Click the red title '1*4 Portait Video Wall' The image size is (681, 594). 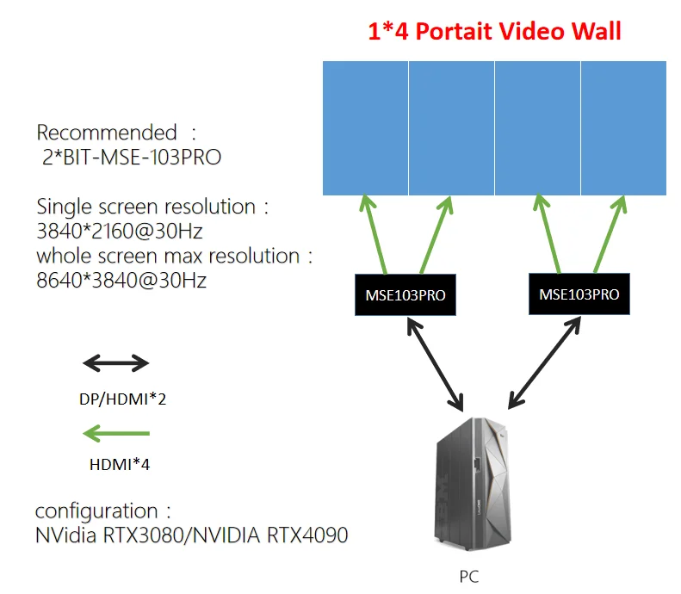[494, 31]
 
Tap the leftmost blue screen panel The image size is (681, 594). [365, 128]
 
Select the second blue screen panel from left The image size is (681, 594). [451, 128]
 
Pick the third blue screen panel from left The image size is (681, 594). [537, 128]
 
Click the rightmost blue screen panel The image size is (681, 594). [623, 128]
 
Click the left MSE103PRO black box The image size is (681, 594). [406, 294]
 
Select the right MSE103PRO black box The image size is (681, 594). [579, 294]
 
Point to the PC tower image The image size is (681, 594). [473, 484]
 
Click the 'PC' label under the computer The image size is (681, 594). [469, 577]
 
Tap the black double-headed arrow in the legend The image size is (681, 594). [116, 363]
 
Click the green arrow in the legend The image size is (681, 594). [116, 433]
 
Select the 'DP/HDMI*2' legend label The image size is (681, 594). [122, 399]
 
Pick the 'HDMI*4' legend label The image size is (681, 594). [120, 465]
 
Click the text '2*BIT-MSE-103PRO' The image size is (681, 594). [132, 158]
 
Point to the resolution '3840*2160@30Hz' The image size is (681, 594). [120, 231]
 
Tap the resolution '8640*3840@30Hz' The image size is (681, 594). [121, 281]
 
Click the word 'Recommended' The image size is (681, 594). [107, 133]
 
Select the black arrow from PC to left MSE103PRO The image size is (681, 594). [435, 364]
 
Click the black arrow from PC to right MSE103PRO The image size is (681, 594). [544, 362]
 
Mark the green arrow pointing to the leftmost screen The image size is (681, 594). [374, 234]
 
